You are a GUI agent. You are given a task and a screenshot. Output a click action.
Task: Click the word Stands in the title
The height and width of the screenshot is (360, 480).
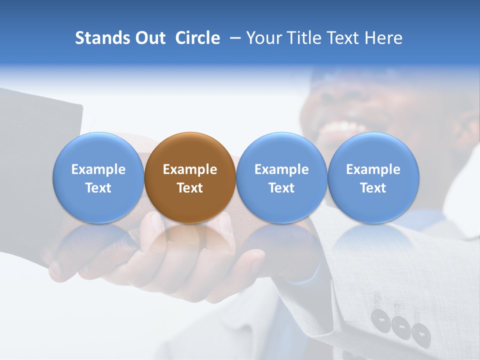(x=102, y=38)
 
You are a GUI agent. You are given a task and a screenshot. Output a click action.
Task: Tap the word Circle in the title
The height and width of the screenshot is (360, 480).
(x=197, y=38)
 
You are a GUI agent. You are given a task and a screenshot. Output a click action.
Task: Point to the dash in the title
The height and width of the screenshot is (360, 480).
(x=233, y=38)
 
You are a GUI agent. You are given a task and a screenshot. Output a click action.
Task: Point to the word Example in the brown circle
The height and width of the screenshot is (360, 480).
(x=190, y=170)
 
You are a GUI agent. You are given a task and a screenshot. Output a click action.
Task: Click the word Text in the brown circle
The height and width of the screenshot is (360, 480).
(x=190, y=188)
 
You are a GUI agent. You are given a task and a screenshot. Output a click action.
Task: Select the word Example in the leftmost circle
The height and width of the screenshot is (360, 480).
(x=98, y=170)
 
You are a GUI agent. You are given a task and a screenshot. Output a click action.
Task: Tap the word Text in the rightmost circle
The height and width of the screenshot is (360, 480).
(x=373, y=188)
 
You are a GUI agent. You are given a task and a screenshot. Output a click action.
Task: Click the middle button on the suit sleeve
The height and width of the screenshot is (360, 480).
(x=401, y=325)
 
